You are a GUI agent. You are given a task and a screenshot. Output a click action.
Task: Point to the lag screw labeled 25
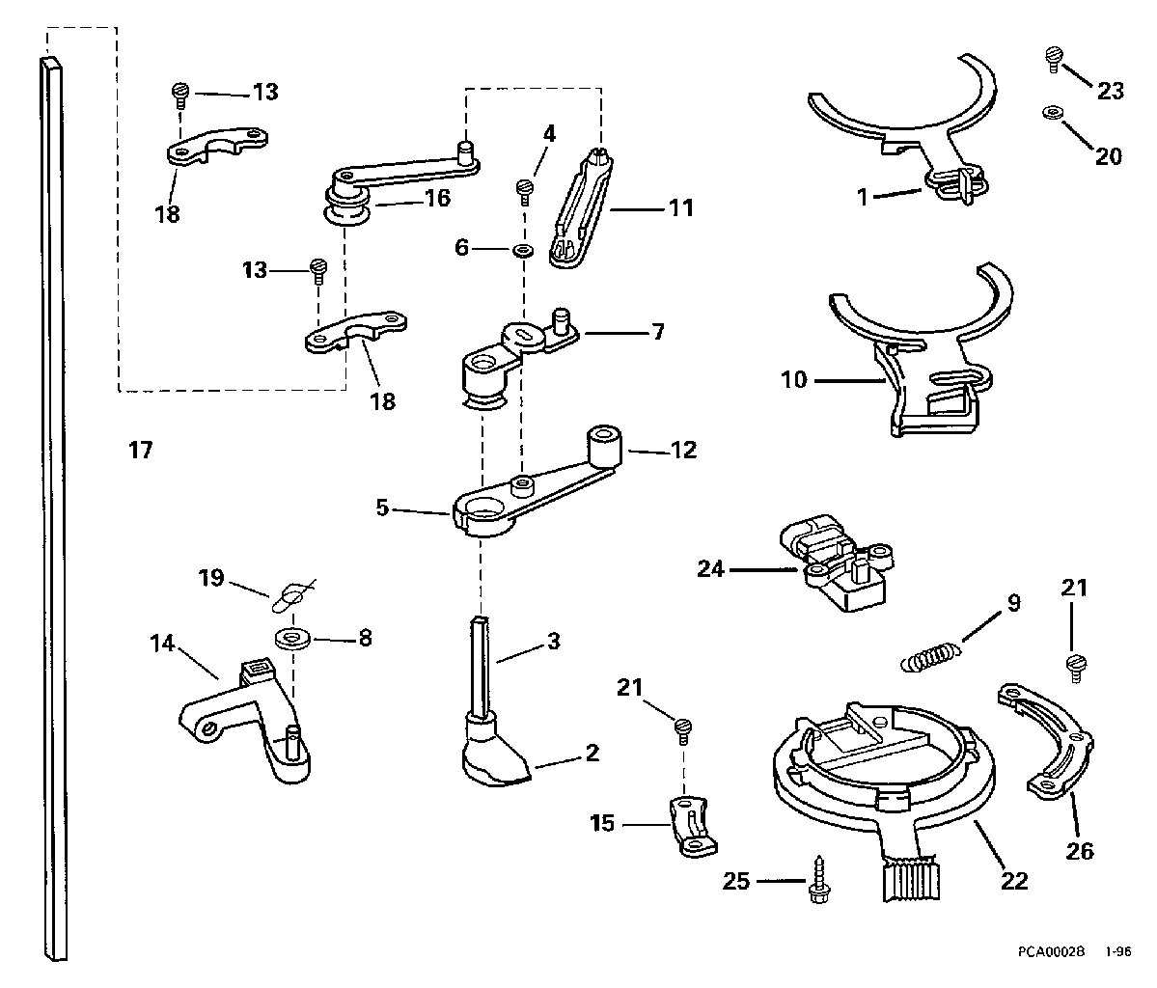tap(818, 880)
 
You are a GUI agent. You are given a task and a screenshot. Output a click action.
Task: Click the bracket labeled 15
tap(691, 827)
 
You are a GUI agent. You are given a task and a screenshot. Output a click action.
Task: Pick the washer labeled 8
tap(293, 638)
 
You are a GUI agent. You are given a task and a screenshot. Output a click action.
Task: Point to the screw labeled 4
tap(525, 191)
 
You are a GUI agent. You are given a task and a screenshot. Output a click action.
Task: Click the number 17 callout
tap(141, 450)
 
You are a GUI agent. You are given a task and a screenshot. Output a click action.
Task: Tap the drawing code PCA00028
tap(1051, 951)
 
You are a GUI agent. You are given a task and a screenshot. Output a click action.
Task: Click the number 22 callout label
tap(1014, 880)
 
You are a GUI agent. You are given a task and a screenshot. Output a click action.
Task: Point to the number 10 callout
tap(794, 380)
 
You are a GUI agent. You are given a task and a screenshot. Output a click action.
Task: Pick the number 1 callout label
tap(862, 197)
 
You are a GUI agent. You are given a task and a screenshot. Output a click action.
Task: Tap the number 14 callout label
tap(161, 644)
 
